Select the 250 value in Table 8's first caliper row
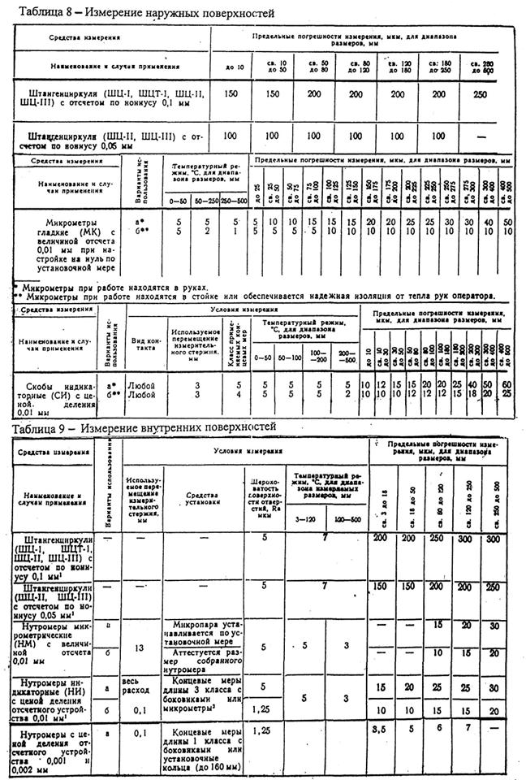(480, 94)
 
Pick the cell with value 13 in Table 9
(140, 647)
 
